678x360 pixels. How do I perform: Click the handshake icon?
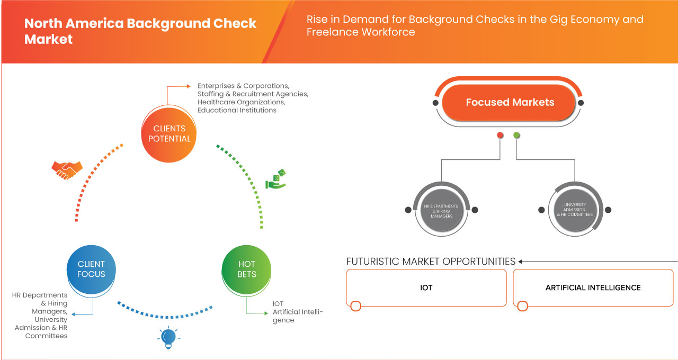point(67,169)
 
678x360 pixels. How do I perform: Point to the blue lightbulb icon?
point(168,337)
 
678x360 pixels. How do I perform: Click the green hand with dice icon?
point(276,179)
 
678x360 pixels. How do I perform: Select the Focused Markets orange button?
point(510,102)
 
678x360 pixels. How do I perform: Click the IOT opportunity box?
point(426,287)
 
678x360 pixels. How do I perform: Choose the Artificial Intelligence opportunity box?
point(593,287)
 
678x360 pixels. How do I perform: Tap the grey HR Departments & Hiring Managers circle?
point(441,210)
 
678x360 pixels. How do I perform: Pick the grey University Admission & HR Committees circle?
point(575,210)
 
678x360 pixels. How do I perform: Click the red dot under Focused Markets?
point(500,136)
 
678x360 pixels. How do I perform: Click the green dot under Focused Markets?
point(516,136)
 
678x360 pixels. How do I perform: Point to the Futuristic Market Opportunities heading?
point(431,262)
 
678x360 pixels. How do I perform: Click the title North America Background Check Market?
point(140,31)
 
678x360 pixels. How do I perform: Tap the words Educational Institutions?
point(237,110)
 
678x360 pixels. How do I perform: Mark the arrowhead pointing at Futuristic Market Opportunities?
point(521,262)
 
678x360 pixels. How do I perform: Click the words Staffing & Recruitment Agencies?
point(253,94)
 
